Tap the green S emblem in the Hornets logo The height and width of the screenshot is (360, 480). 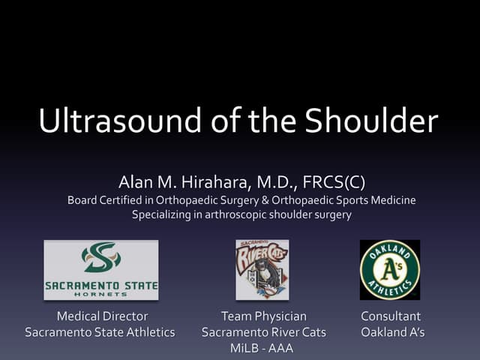100,258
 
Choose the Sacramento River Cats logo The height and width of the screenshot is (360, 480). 262,269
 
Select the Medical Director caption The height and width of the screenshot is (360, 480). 102,316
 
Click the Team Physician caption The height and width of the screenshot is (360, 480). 263,316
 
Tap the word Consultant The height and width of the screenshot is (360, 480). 391,316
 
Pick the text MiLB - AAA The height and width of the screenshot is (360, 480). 263,348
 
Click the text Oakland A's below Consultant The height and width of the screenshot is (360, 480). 392,331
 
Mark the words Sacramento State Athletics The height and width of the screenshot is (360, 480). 100,331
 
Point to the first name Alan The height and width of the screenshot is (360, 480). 136,182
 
